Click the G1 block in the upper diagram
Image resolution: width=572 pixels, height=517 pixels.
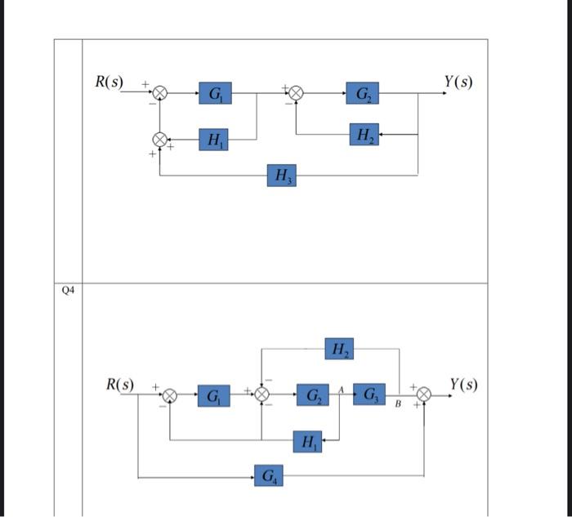click(214, 93)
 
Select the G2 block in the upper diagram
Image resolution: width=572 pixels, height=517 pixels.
click(361, 93)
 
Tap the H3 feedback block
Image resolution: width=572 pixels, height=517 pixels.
click(281, 175)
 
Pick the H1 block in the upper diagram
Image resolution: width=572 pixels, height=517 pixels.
click(214, 140)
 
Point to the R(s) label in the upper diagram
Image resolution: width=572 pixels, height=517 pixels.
click(109, 82)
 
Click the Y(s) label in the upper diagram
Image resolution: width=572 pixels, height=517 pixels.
click(458, 82)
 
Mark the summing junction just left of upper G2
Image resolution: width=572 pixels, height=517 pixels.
click(297, 93)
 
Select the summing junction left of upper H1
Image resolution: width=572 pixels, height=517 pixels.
click(161, 140)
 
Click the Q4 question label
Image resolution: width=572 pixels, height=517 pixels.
click(68, 290)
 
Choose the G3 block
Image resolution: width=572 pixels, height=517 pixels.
click(370, 394)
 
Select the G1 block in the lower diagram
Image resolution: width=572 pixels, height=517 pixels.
click(212, 396)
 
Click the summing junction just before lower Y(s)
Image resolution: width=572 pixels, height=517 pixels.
click(424, 395)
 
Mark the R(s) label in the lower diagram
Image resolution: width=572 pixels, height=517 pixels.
click(121, 384)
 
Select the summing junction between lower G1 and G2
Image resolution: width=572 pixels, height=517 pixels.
click(262, 395)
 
